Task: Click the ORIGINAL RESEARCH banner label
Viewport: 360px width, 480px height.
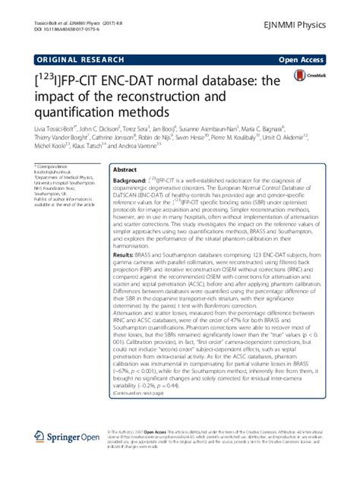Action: click(x=74, y=58)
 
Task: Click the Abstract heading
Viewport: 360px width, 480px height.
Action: click(x=126, y=172)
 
